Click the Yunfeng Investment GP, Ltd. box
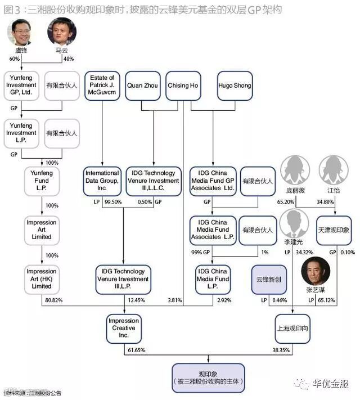pos(22,86)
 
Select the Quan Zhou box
pos(142,86)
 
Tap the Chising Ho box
pos(183,86)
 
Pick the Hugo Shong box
pos(234,86)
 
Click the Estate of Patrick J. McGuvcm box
pos(102,86)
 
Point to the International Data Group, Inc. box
pos(102,181)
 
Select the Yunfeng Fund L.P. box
pos(42,181)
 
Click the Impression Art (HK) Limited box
pos(42,278)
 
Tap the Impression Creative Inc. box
pos(124,327)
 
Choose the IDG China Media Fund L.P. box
pos(213,278)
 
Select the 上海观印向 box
pos(292,327)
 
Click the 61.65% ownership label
pos(134,350)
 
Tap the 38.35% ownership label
pos(281,350)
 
